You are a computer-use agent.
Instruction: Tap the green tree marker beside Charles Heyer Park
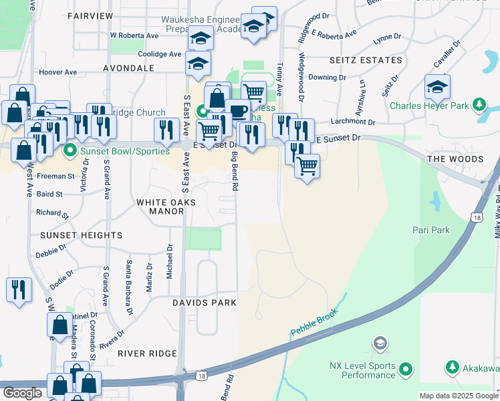479,104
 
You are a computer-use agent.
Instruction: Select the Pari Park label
432,230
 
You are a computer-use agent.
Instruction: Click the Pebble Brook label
315,322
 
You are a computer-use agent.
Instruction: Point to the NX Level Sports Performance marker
406,368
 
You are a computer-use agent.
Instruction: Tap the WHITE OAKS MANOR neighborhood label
166,207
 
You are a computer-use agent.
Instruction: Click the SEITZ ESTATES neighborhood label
366,60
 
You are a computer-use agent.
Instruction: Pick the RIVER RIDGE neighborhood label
147,354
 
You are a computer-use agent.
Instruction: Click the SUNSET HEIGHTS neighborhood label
81,235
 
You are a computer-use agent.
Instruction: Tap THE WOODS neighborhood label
455,159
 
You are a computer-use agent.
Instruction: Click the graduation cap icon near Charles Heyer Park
437,87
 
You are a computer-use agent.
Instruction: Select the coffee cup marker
237,111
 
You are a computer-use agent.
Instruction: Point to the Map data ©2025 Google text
458,396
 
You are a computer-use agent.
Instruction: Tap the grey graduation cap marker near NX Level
380,344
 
